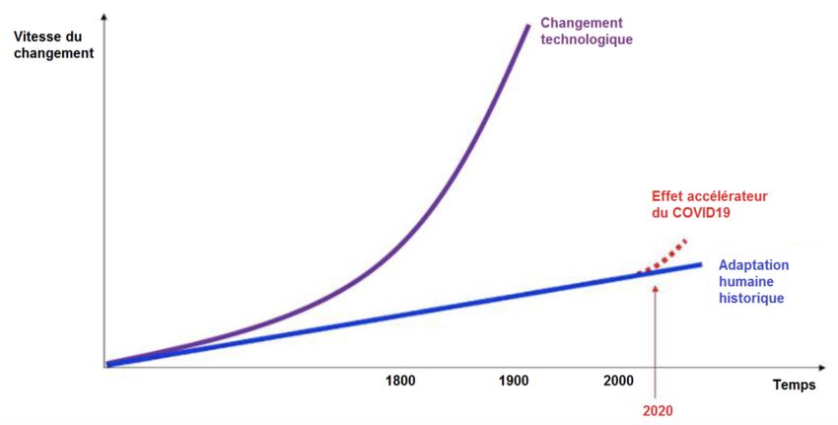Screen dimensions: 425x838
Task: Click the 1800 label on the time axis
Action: (399, 381)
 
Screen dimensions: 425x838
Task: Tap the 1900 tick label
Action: (513, 381)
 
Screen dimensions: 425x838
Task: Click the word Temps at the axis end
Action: (793, 386)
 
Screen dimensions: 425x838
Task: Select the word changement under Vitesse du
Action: (54, 53)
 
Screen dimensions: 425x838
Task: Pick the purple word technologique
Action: (588, 40)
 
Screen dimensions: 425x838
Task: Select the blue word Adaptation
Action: (754, 265)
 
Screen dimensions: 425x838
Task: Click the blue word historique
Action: (751, 297)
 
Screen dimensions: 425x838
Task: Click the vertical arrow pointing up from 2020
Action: (655, 335)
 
